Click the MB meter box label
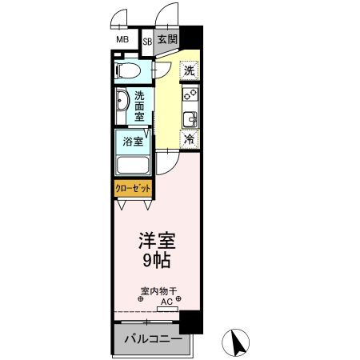click(x=123, y=40)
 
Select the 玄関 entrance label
click(x=166, y=40)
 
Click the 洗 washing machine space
click(x=189, y=70)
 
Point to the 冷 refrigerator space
click(x=190, y=139)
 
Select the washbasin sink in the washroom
click(x=121, y=103)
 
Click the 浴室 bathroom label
click(x=133, y=142)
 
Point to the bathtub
click(x=134, y=166)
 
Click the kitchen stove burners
click(x=190, y=95)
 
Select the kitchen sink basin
click(x=190, y=119)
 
